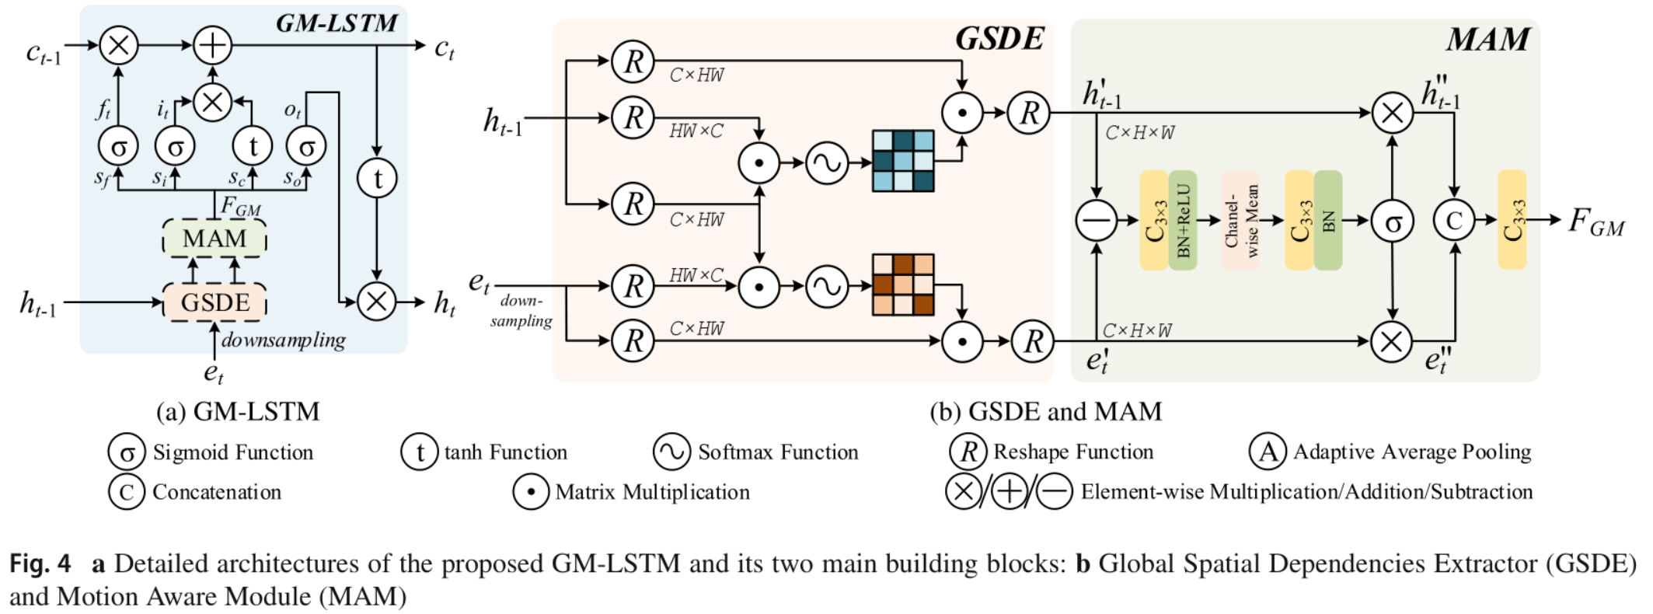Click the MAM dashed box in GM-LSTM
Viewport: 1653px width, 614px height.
tap(214, 239)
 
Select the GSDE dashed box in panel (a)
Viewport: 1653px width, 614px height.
tap(214, 302)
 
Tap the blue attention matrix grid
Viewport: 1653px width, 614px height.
tap(902, 161)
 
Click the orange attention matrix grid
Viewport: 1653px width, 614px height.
tap(902, 284)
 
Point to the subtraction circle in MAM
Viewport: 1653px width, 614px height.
tap(1096, 221)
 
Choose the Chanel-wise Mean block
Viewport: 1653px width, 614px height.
tap(1240, 221)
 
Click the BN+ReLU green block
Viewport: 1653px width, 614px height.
tap(1183, 221)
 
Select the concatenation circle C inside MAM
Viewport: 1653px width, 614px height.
tap(1453, 221)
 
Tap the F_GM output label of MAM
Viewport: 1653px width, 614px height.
tap(1595, 222)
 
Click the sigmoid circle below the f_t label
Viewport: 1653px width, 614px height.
tap(118, 146)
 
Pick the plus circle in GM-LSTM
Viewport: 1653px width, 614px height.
tap(212, 45)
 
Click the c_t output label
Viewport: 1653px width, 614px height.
tap(444, 48)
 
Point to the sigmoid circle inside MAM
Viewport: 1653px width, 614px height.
tap(1392, 221)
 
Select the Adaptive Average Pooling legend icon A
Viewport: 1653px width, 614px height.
tap(1268, 452)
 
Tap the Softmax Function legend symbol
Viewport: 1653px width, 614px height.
tap(671, 452)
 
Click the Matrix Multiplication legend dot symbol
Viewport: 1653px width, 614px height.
tap(531, 492)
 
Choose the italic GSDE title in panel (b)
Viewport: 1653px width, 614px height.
tap(999, 39)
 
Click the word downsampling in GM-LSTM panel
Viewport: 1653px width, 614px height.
tap(283, 340)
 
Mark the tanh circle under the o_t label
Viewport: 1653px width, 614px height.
tap(377, 179)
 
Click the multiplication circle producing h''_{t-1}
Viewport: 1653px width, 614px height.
tap(1392, 113)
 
